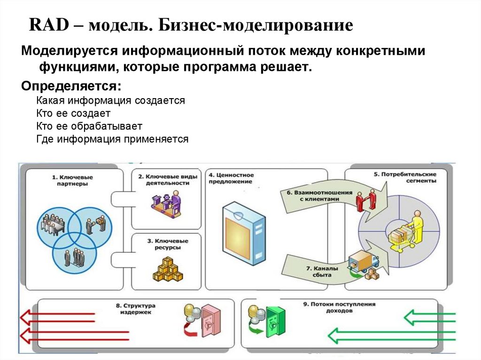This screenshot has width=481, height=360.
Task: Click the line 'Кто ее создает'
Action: point(73,113)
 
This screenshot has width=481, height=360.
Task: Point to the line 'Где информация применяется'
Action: point(112,139)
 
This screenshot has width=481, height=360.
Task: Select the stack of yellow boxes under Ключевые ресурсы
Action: point(167,269)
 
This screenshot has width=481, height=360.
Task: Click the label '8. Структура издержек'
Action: point(136,308)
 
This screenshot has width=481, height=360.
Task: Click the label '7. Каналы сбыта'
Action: point(319,272)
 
